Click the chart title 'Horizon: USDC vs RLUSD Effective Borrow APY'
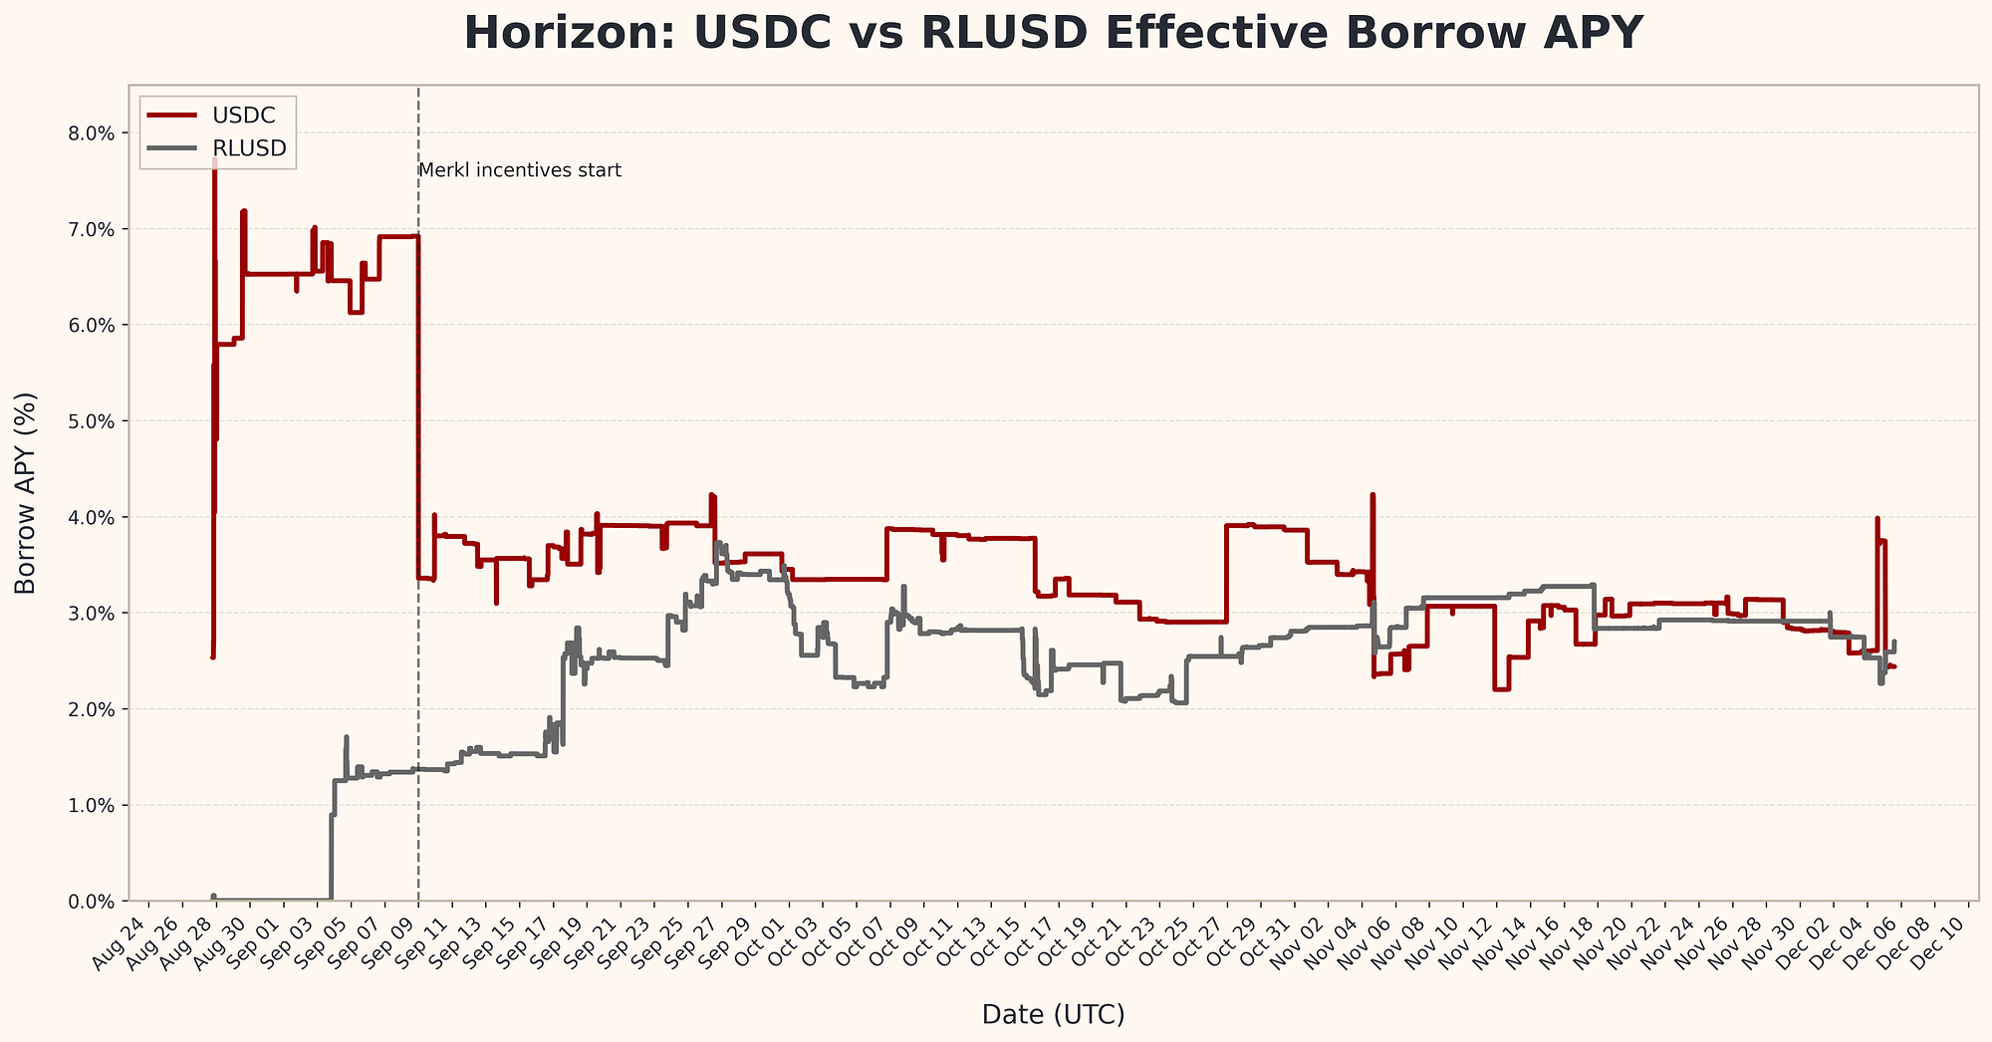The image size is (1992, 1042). pos(1053,33)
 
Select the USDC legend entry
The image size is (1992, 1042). pos(243,116)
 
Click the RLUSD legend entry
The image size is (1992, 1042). pos(249,148)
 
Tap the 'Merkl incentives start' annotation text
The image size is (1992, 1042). pos(520,170)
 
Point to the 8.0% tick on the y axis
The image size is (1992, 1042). pos(94,133)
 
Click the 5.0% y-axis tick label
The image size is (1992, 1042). pos(94,421)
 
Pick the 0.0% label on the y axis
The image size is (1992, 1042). pos(94,902)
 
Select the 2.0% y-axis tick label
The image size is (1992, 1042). pos(94,709)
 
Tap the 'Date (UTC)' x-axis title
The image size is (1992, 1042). pos(1053,1014)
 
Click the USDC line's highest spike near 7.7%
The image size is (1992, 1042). pos(214,159)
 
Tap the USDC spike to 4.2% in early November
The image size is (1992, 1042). pos(1372,495)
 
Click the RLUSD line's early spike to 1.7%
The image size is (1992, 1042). pos(346,738)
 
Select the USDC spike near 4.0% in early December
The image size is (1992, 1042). pos(1877,519)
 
